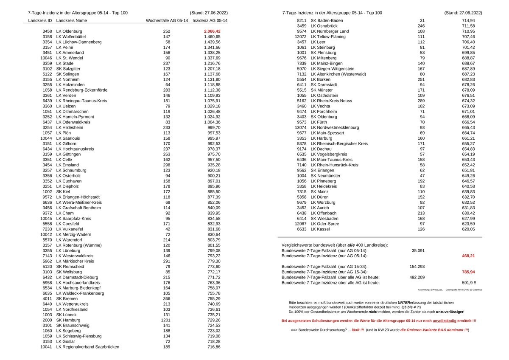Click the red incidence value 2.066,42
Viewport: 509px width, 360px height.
point(212,31)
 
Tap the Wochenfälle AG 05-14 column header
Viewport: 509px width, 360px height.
point(167,20)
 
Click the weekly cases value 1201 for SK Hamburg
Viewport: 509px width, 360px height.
point(168,320)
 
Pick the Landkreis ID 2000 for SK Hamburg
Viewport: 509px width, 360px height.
point(47,320)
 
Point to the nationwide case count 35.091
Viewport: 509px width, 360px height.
point(418,250)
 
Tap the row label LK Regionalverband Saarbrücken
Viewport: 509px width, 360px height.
point(87,347)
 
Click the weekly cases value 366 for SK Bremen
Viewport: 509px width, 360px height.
point(168,299)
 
